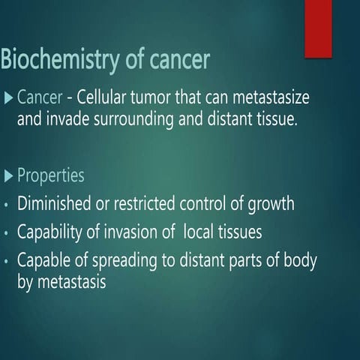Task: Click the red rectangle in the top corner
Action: point(318,28)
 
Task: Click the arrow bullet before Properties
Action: point(8,175)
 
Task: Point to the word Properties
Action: point(51,175)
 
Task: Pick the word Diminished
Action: point(57,204)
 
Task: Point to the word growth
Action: point(269,204)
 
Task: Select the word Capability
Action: point(52,233)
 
